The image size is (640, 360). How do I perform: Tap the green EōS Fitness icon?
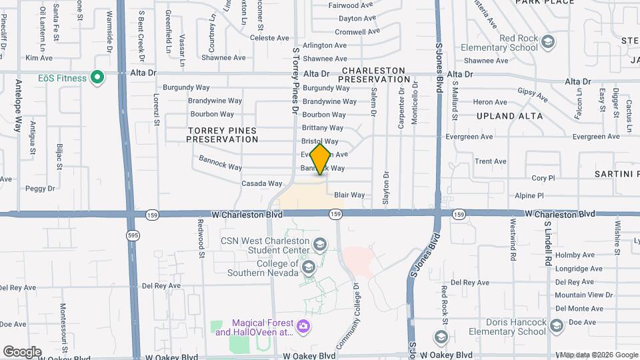coord(97,78)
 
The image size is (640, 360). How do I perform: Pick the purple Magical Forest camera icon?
coord(303,327)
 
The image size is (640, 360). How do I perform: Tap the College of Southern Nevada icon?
coord(308,267)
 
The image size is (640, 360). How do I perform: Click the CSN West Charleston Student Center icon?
coord(320,244)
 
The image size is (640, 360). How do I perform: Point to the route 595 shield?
coord(132,235)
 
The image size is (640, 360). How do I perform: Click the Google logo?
coord(22,351)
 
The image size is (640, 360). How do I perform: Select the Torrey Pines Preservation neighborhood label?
coord(222,135)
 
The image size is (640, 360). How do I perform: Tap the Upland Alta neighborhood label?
coord(505,116)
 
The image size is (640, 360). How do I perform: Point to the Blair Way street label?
coord(349,195)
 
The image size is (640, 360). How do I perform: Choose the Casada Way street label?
coord(262,183)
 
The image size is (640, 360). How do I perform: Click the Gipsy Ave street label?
coord(533,97)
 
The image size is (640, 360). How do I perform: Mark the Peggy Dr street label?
coord(40,189)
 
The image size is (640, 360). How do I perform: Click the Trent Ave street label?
coord(491,161)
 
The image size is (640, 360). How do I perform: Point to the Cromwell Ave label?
coord(357,31)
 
